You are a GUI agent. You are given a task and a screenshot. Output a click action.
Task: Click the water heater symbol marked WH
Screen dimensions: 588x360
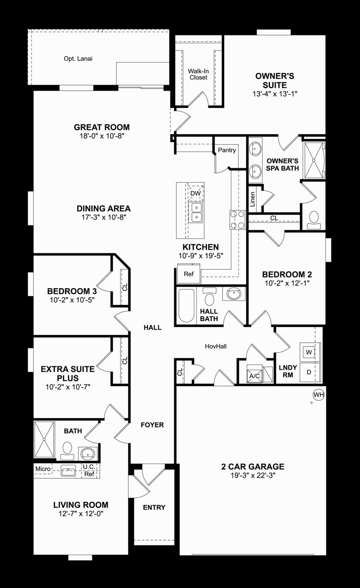click(x=319, y=395)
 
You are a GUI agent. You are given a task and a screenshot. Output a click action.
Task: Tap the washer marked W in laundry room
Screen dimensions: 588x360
click(x=309, y=352)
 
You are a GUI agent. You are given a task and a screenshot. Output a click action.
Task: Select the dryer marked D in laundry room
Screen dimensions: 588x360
click(x=309, y=372)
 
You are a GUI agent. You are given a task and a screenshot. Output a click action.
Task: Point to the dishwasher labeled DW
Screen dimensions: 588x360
click(x=195, y=193)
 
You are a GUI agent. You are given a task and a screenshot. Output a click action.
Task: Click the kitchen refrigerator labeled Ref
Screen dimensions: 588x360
click(x=188, y=274)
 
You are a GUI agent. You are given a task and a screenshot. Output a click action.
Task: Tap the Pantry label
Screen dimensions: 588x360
click(x=227, y=150)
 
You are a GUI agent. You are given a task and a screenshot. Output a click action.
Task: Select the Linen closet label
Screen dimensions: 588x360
click(x=252, y=199)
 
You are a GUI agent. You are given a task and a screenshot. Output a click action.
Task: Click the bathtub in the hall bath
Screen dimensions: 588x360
click(x=187, y=305)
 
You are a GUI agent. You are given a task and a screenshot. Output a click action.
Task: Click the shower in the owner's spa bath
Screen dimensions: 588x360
click(x=314, y=160)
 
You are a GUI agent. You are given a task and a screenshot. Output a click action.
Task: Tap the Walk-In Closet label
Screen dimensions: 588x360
click(x=198, y=74)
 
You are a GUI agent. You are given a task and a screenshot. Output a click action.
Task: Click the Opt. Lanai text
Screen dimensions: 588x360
click(x=78, y=59)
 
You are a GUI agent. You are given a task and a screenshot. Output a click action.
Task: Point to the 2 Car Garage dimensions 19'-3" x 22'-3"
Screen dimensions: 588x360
click(x=253, y=475)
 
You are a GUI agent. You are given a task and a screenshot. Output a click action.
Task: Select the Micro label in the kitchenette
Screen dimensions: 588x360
click(x=43, y=469)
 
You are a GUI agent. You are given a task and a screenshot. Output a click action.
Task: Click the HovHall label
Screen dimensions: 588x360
click(x=216, y=346)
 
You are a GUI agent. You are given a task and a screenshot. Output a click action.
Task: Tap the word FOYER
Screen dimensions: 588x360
click(x=152, y=425)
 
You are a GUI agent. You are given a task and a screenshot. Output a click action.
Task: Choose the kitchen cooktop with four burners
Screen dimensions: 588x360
click(x=237, y=220)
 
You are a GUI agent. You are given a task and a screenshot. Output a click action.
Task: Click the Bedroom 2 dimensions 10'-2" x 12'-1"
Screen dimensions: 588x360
click(x=287, y=283)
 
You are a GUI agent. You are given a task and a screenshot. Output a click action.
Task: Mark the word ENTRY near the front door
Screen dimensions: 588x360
click(x=154, y=507)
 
